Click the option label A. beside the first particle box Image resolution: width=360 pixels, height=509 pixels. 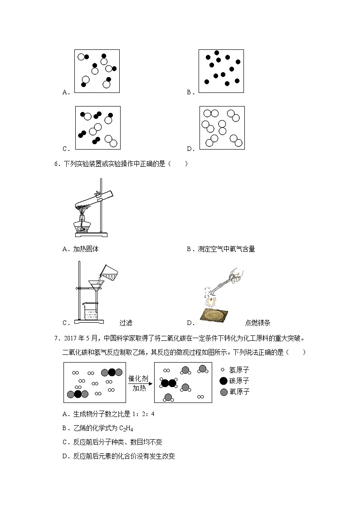tap(66, 92)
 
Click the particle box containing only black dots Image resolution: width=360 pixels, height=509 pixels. tap(221, 71)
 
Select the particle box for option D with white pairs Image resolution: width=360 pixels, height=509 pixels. tap(222, 128)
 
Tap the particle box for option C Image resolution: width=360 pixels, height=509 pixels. tap(97, 127)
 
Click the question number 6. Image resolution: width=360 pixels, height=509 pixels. tap(57, 164)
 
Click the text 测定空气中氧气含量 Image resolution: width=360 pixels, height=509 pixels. tap(226, 249)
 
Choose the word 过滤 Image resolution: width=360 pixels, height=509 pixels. tap(126, 323)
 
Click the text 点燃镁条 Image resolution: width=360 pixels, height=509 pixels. tap(258, 323)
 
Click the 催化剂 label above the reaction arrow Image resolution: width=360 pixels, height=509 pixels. tap(140, 378)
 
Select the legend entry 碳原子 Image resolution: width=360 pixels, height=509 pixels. tap(239, 381)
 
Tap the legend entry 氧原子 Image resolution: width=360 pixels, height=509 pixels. tap(239, 392)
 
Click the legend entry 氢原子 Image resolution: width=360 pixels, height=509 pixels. tap(239, 370)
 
